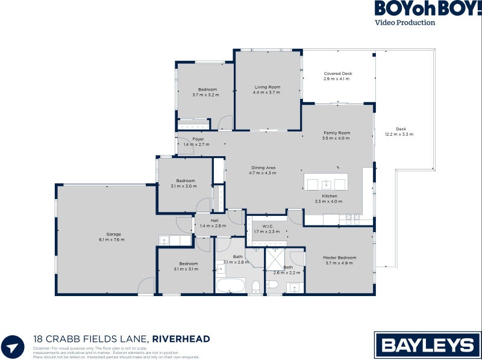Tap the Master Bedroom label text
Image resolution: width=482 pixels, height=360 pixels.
(340, 257)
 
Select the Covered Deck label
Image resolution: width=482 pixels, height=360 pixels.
(337, 74)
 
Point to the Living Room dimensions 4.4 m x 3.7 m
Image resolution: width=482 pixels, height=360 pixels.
(268, 93)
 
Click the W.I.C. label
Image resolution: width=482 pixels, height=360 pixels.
(268, 226)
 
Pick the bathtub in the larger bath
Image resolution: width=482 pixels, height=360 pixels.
(230, 285)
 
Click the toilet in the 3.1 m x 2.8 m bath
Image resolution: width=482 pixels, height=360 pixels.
(255, 285)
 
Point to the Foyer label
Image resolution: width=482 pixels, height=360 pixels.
(198, 139)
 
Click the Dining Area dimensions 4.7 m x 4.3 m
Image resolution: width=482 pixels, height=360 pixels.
(262, 173)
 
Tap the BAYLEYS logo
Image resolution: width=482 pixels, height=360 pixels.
(428, 345)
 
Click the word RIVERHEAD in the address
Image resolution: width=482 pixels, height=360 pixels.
(181, 339)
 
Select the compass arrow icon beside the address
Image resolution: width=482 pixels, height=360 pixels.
(14, 346)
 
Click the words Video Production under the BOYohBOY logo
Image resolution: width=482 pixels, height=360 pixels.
(405, 23)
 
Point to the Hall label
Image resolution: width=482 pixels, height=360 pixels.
(214, 220)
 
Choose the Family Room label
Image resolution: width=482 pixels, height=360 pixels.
(336, 133)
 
